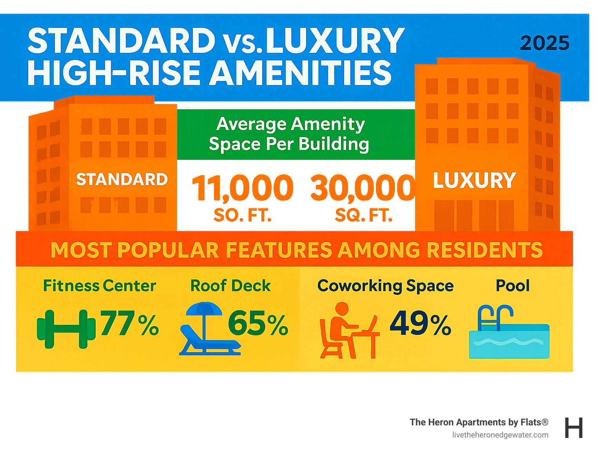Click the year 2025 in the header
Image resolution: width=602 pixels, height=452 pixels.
tap(544, 43)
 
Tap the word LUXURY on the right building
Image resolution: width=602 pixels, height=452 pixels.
tap(474, 181)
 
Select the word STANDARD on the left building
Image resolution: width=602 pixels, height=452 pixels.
tap(122, 179)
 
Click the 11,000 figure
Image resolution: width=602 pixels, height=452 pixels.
tap(243, 188)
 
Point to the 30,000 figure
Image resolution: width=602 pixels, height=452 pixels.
tap(363, 188)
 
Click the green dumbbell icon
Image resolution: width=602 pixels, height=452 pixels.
tap(66, 329)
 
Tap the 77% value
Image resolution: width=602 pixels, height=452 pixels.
tap(129, 324)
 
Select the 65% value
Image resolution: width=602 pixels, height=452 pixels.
tap(258, 324)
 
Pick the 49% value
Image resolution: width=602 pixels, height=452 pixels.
tap(420, 324)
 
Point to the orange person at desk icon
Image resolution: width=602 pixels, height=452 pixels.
tap(347, 331)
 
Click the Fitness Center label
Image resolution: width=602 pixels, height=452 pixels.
tap(100, 286)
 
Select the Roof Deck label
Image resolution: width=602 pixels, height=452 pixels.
tap(230, 286)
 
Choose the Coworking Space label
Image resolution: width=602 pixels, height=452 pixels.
tap(385, 286)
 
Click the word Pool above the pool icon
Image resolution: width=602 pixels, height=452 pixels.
tap(513, 286)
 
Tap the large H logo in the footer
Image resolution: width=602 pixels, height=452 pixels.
tap(573, 428)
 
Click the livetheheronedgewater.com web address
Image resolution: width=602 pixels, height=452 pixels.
tap(500, 435)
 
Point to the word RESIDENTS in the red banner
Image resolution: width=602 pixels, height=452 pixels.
tap(484, 250)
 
